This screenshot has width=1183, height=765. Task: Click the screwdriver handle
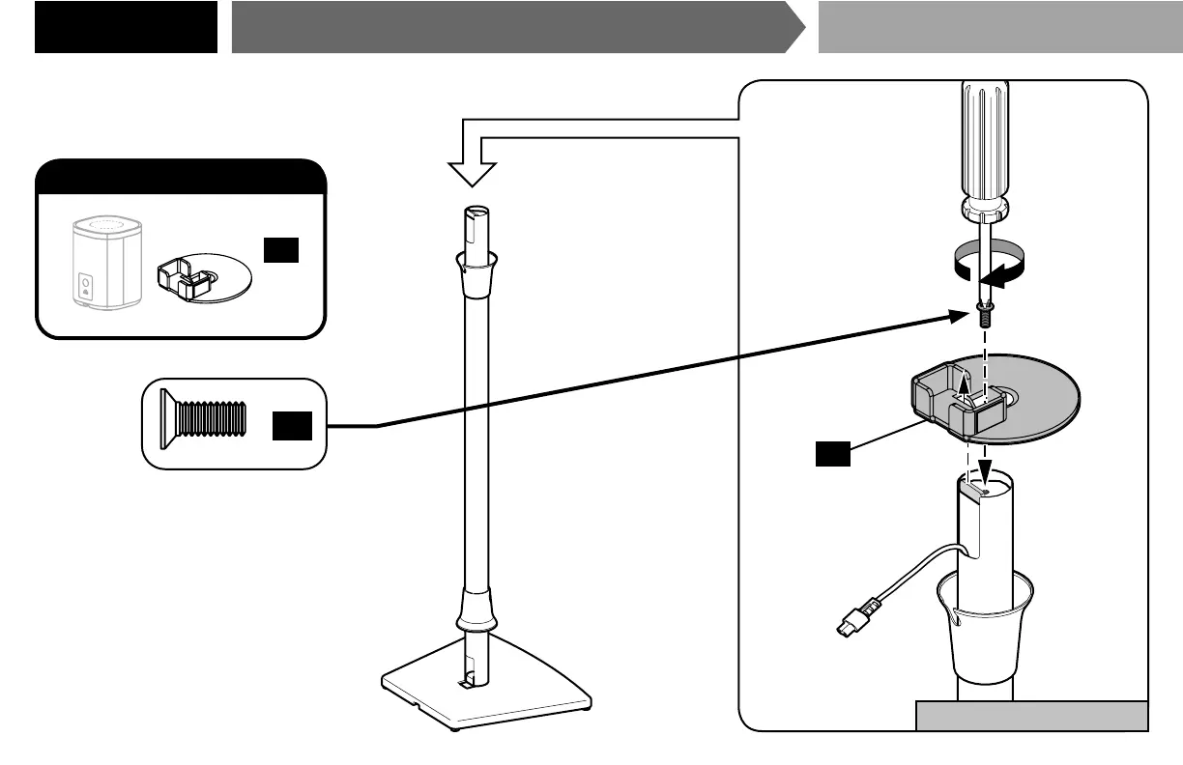pos(982,145)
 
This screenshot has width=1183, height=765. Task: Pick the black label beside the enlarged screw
pos(291,426)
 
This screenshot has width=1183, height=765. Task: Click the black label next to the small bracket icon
pos(280,250)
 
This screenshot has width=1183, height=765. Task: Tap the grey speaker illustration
pos(107,263)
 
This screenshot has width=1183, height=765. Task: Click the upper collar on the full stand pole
pos(476,271)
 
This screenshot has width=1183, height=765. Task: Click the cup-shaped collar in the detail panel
pos(984,628)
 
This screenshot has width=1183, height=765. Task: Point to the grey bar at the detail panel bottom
pos(1031,717)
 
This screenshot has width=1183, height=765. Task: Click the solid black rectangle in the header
pos(126,27)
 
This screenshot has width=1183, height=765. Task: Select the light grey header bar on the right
pos(1000,27)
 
